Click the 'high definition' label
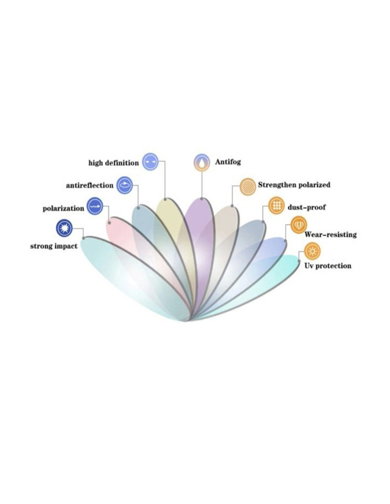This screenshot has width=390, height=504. [114, 163]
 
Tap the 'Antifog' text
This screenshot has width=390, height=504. [228, 162]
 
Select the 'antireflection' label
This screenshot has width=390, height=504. [90, 185]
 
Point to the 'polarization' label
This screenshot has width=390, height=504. [64, 208]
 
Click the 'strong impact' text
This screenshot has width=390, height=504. [54, 246]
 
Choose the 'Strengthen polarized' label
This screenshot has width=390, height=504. [294, 185]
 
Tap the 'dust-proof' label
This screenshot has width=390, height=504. [307, 207]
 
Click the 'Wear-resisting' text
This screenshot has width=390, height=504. [330, 234]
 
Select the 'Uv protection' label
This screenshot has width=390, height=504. [328, 266]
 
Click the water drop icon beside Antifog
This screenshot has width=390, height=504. [202, 162]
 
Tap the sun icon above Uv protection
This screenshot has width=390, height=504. [312, 251]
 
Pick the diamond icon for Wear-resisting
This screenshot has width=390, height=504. [299, 225]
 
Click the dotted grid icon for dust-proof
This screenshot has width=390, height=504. [276, 205]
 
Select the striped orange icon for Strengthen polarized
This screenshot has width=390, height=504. [248, 186]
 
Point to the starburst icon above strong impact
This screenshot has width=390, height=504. [64, 228]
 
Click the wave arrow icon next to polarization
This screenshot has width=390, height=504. [95, 206]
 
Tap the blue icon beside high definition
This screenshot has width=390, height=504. [150, 161]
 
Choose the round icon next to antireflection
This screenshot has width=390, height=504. [124, 185]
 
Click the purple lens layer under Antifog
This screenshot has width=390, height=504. [200, 244]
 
